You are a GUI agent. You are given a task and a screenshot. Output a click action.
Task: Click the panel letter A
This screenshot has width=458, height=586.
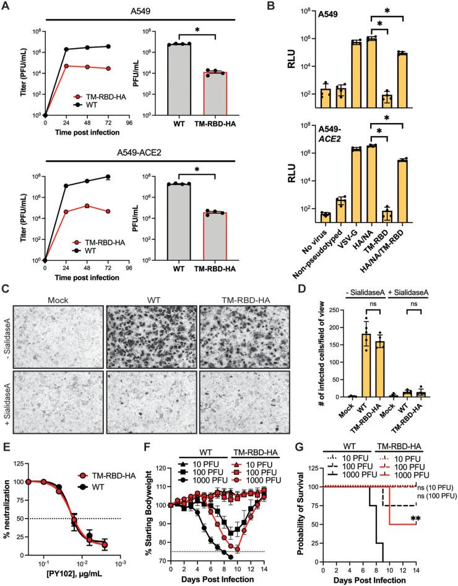(7, 6)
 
